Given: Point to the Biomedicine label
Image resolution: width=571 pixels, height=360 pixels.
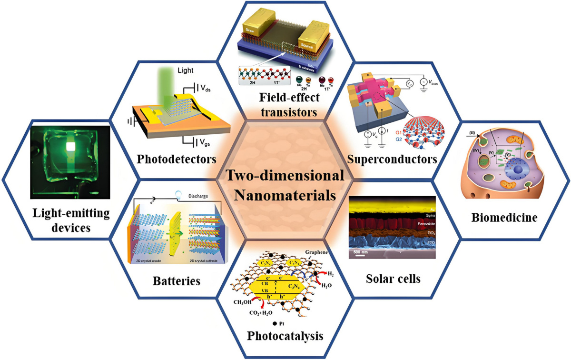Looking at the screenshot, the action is tap(504, 218).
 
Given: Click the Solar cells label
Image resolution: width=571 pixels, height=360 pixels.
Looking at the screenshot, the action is tap(393, 278).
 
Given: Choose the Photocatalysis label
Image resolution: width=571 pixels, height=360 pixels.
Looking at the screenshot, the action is tap(285, 336).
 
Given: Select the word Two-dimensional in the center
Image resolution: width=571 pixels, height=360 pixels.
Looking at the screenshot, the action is tap(285, 176).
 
